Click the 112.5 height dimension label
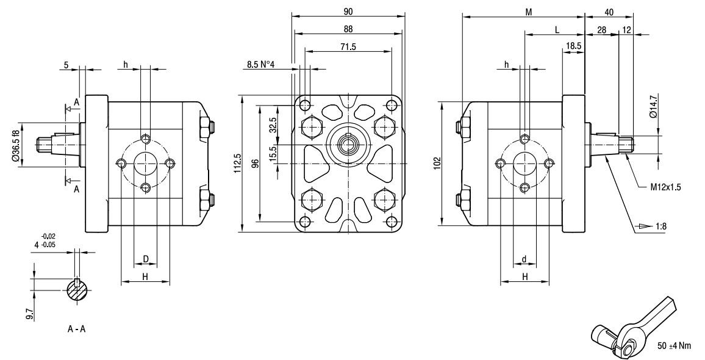pos(238,164)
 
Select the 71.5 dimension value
pos(348,46)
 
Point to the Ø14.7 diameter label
pos(653,106)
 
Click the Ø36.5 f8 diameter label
pos(16,146)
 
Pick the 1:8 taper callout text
pos(660,226)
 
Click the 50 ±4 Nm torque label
pos(674,345)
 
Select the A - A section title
pos(76,329)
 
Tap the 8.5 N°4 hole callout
pos(260,64)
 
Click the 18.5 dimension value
pos(574,46)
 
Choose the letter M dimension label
pos(529,12)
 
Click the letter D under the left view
pos(146,259)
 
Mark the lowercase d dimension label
pos(524,259)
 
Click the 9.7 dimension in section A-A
pos(30,314)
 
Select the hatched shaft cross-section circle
pos(77,290)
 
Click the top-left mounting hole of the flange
pos(306,105)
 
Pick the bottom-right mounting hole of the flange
pos(393,221)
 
